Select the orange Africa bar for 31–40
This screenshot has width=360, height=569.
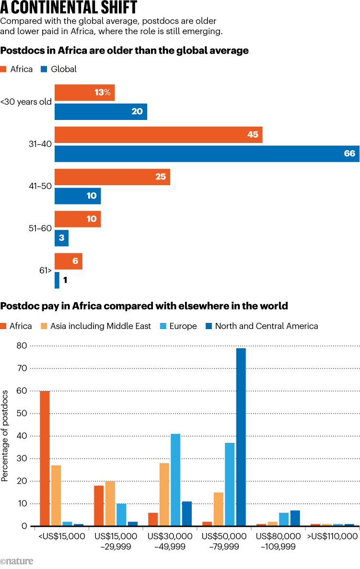158,135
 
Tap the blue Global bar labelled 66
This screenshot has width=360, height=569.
207,154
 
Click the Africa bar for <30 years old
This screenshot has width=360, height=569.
84,93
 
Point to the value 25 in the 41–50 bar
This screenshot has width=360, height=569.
160,177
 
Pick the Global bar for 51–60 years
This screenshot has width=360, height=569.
61,238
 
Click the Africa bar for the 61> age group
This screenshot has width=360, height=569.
69,261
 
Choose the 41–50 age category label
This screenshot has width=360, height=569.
40,186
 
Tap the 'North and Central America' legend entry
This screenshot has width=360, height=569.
261,326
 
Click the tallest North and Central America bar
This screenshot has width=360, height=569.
241,437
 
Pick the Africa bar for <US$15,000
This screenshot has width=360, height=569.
45,459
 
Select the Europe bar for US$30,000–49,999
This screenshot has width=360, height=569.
175,480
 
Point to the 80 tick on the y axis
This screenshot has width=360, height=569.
21,345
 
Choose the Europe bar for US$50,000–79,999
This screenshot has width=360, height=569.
230,485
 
